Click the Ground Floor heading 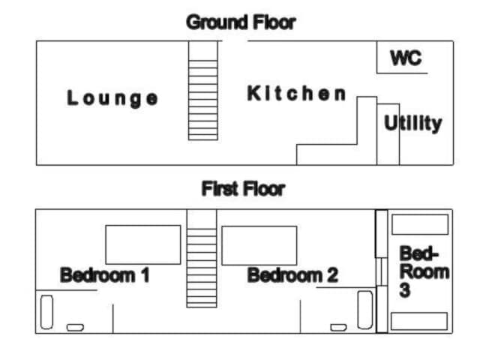click(x=241, y=22)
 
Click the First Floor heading click(x=243, y=188)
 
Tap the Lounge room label click(x=112, y=98)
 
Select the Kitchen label click(x=296, y=93)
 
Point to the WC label click(x=406, y=58)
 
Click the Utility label click(x=413, y=123)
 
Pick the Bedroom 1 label click(x=105, y=275)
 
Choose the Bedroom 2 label click(x=292, y=275)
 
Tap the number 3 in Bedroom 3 click(x=405, y=290)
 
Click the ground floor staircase click(x=203, y=91)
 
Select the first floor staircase click(x=202, y=258)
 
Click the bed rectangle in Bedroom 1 click(x=143, y=245)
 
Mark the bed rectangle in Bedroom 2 click(x=259, y=245)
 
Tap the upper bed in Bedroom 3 click(x=420, y=224)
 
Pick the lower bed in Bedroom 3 click(x=419, y=321)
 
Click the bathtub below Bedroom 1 click(x=46, y=312)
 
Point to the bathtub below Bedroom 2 click(x=365, y=310)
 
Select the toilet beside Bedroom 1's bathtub click(x=75, y=328)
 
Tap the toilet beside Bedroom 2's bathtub click(x=338, y=328)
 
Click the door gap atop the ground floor click(x=235, y=40)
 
